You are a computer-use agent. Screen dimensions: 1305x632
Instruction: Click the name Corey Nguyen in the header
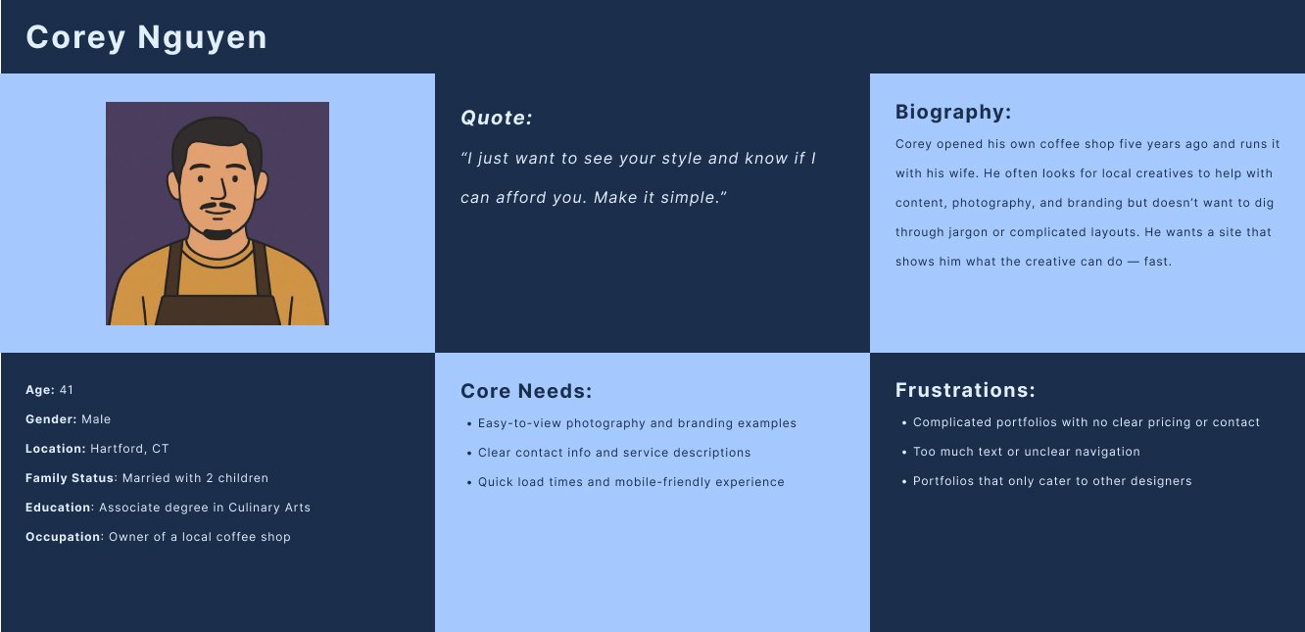146,38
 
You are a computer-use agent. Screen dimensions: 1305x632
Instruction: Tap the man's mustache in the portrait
217,206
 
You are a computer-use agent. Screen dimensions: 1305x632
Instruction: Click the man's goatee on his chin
217,234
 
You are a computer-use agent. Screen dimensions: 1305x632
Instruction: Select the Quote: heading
497,118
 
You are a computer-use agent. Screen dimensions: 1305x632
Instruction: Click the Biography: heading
953,112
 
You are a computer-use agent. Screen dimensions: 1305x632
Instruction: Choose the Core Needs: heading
526,391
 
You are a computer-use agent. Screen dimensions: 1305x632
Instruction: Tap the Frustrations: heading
965,390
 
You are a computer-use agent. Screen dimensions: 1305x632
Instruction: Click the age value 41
67,390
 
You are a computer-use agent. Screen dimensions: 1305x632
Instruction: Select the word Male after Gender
96,419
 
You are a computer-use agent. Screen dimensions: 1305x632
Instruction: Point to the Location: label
55,449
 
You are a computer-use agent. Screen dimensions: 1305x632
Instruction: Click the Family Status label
70,478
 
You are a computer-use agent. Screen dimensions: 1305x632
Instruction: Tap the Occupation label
63,537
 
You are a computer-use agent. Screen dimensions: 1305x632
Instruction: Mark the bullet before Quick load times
469,483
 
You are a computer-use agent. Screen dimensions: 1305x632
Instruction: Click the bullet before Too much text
904,453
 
